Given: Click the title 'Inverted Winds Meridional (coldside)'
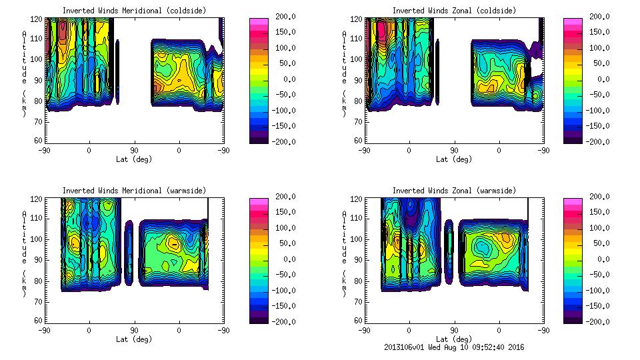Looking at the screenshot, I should point(134,11).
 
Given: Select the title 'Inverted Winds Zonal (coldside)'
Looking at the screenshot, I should point(454,11).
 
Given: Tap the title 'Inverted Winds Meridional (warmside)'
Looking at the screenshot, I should point(134,191).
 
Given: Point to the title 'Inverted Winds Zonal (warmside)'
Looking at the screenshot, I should point(454,191).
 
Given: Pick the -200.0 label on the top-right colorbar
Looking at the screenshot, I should point(597,142).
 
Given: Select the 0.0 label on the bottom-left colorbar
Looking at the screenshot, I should point(283,259).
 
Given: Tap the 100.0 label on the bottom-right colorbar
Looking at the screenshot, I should point(597,227).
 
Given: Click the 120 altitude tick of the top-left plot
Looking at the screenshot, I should point(39,19).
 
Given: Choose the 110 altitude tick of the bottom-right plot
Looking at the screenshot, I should point(359,219).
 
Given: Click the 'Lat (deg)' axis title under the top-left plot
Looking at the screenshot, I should point(134,159).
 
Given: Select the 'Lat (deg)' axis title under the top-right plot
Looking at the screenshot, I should point(454,159).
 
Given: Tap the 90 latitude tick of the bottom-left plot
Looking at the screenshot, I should point(134,330).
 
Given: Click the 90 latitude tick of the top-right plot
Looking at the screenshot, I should point(454,150).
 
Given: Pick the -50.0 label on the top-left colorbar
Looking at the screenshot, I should point(283,95).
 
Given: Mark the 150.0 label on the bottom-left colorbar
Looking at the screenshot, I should point(283,212).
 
